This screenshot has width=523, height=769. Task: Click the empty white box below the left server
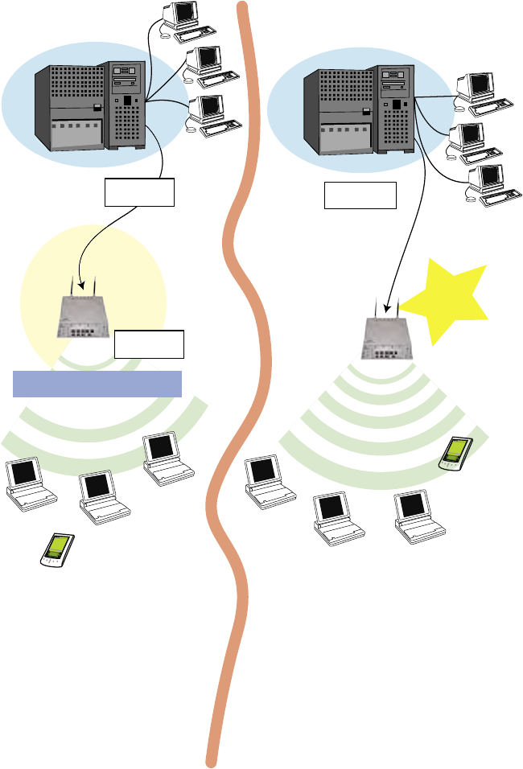[x=139, y=193]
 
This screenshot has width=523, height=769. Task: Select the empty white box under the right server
[x=360, y=195]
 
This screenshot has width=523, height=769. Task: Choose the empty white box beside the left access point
[x=150, y=343]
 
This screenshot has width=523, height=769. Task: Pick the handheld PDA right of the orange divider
[x=456, y=453]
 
